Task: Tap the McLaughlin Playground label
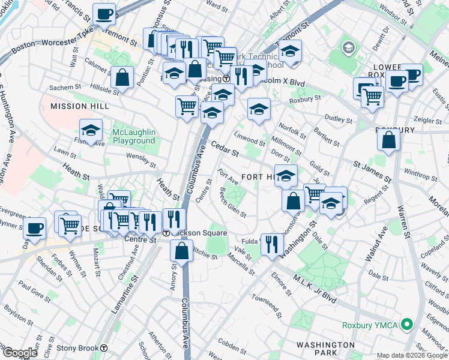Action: click(x=133, y=136)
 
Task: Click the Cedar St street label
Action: click(x=224, y=149)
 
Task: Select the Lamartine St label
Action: click(x=124, y=298)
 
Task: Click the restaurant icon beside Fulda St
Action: click(x=272, y=244)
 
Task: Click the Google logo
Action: click(x=20, y=353)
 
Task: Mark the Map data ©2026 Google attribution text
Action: click(x=412, y=355)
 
